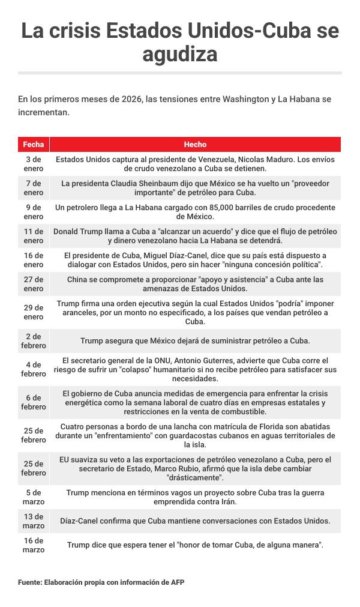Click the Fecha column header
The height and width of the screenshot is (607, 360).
(33, 145)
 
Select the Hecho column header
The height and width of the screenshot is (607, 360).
(195, 145)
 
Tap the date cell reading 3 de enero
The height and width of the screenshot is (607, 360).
(33, 164)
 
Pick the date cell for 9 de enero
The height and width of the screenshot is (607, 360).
(33, 212)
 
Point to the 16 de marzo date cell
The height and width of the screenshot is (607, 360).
(33, 545)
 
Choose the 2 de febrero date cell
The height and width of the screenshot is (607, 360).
(33, 340)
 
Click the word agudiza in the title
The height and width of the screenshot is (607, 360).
(180, 55)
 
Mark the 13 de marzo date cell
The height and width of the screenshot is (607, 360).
(33, 521)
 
